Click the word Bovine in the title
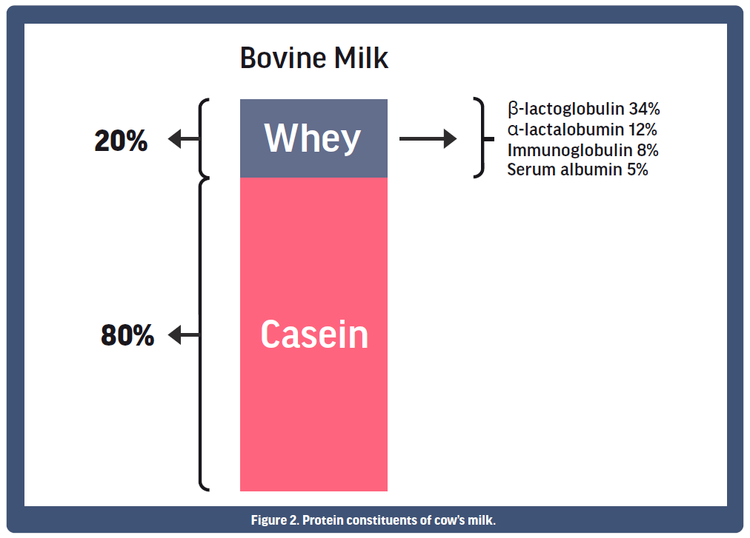pyautogui.click(x=283, y=58)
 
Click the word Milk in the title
pyautogui.click(x=361, y=58)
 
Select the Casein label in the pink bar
pyautogui.click(x=314, y=334)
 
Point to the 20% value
pyautogui.click(x=121, y=141)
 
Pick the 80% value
pyautogui.click(x=127, y=335)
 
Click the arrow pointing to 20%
pyautogui.click(x=183, y=139)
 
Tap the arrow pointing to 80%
pyautogui.click(x=183, y=335)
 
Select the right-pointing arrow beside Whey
pyautogui.click(x=428, y=139)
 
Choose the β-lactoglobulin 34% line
pyautogui.click(x=583, y=109)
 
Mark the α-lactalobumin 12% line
pyautogui.click(x=582, y=130)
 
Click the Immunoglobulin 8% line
pyautogui.click(x=583, y=150)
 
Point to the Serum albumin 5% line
pyautogui.click(x=577, y=169)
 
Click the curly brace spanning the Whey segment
pyautogui.click(x=203, y=139)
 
